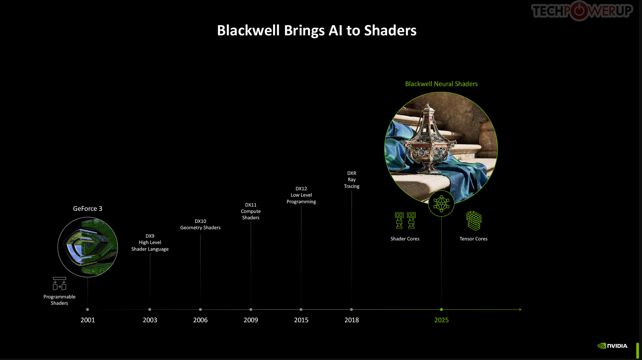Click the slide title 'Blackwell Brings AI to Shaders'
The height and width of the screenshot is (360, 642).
point(317,31)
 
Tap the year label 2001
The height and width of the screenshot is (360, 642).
point(88,320)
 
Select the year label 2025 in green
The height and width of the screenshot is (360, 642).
point(441,320)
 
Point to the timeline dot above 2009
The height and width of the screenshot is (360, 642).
point(251,310)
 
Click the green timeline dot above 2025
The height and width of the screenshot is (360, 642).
point(441,310)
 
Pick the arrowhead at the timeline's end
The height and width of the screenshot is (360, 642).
point(520,310)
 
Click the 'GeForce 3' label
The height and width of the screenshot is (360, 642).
point(88,209)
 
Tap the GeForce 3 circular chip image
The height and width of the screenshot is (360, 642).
point(88,247)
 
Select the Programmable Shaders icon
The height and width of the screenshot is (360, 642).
point(59,284)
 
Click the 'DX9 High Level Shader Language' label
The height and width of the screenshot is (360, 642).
point(150,243)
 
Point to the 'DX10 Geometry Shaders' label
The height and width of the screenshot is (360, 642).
point(200,224)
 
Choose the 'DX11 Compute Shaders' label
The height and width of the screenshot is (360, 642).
point(251,211)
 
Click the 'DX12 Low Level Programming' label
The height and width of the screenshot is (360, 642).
point(301,195)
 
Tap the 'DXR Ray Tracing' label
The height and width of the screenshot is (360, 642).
point(351,180)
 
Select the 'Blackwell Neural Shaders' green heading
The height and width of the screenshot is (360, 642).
point(441,84)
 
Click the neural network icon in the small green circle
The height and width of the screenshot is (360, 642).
point(441,204)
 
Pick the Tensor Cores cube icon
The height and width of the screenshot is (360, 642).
point(473,221)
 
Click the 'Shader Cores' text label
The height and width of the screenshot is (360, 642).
point(405,239)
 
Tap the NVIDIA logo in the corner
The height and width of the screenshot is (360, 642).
point(613,346)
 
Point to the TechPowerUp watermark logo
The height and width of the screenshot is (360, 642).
point(582,11)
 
